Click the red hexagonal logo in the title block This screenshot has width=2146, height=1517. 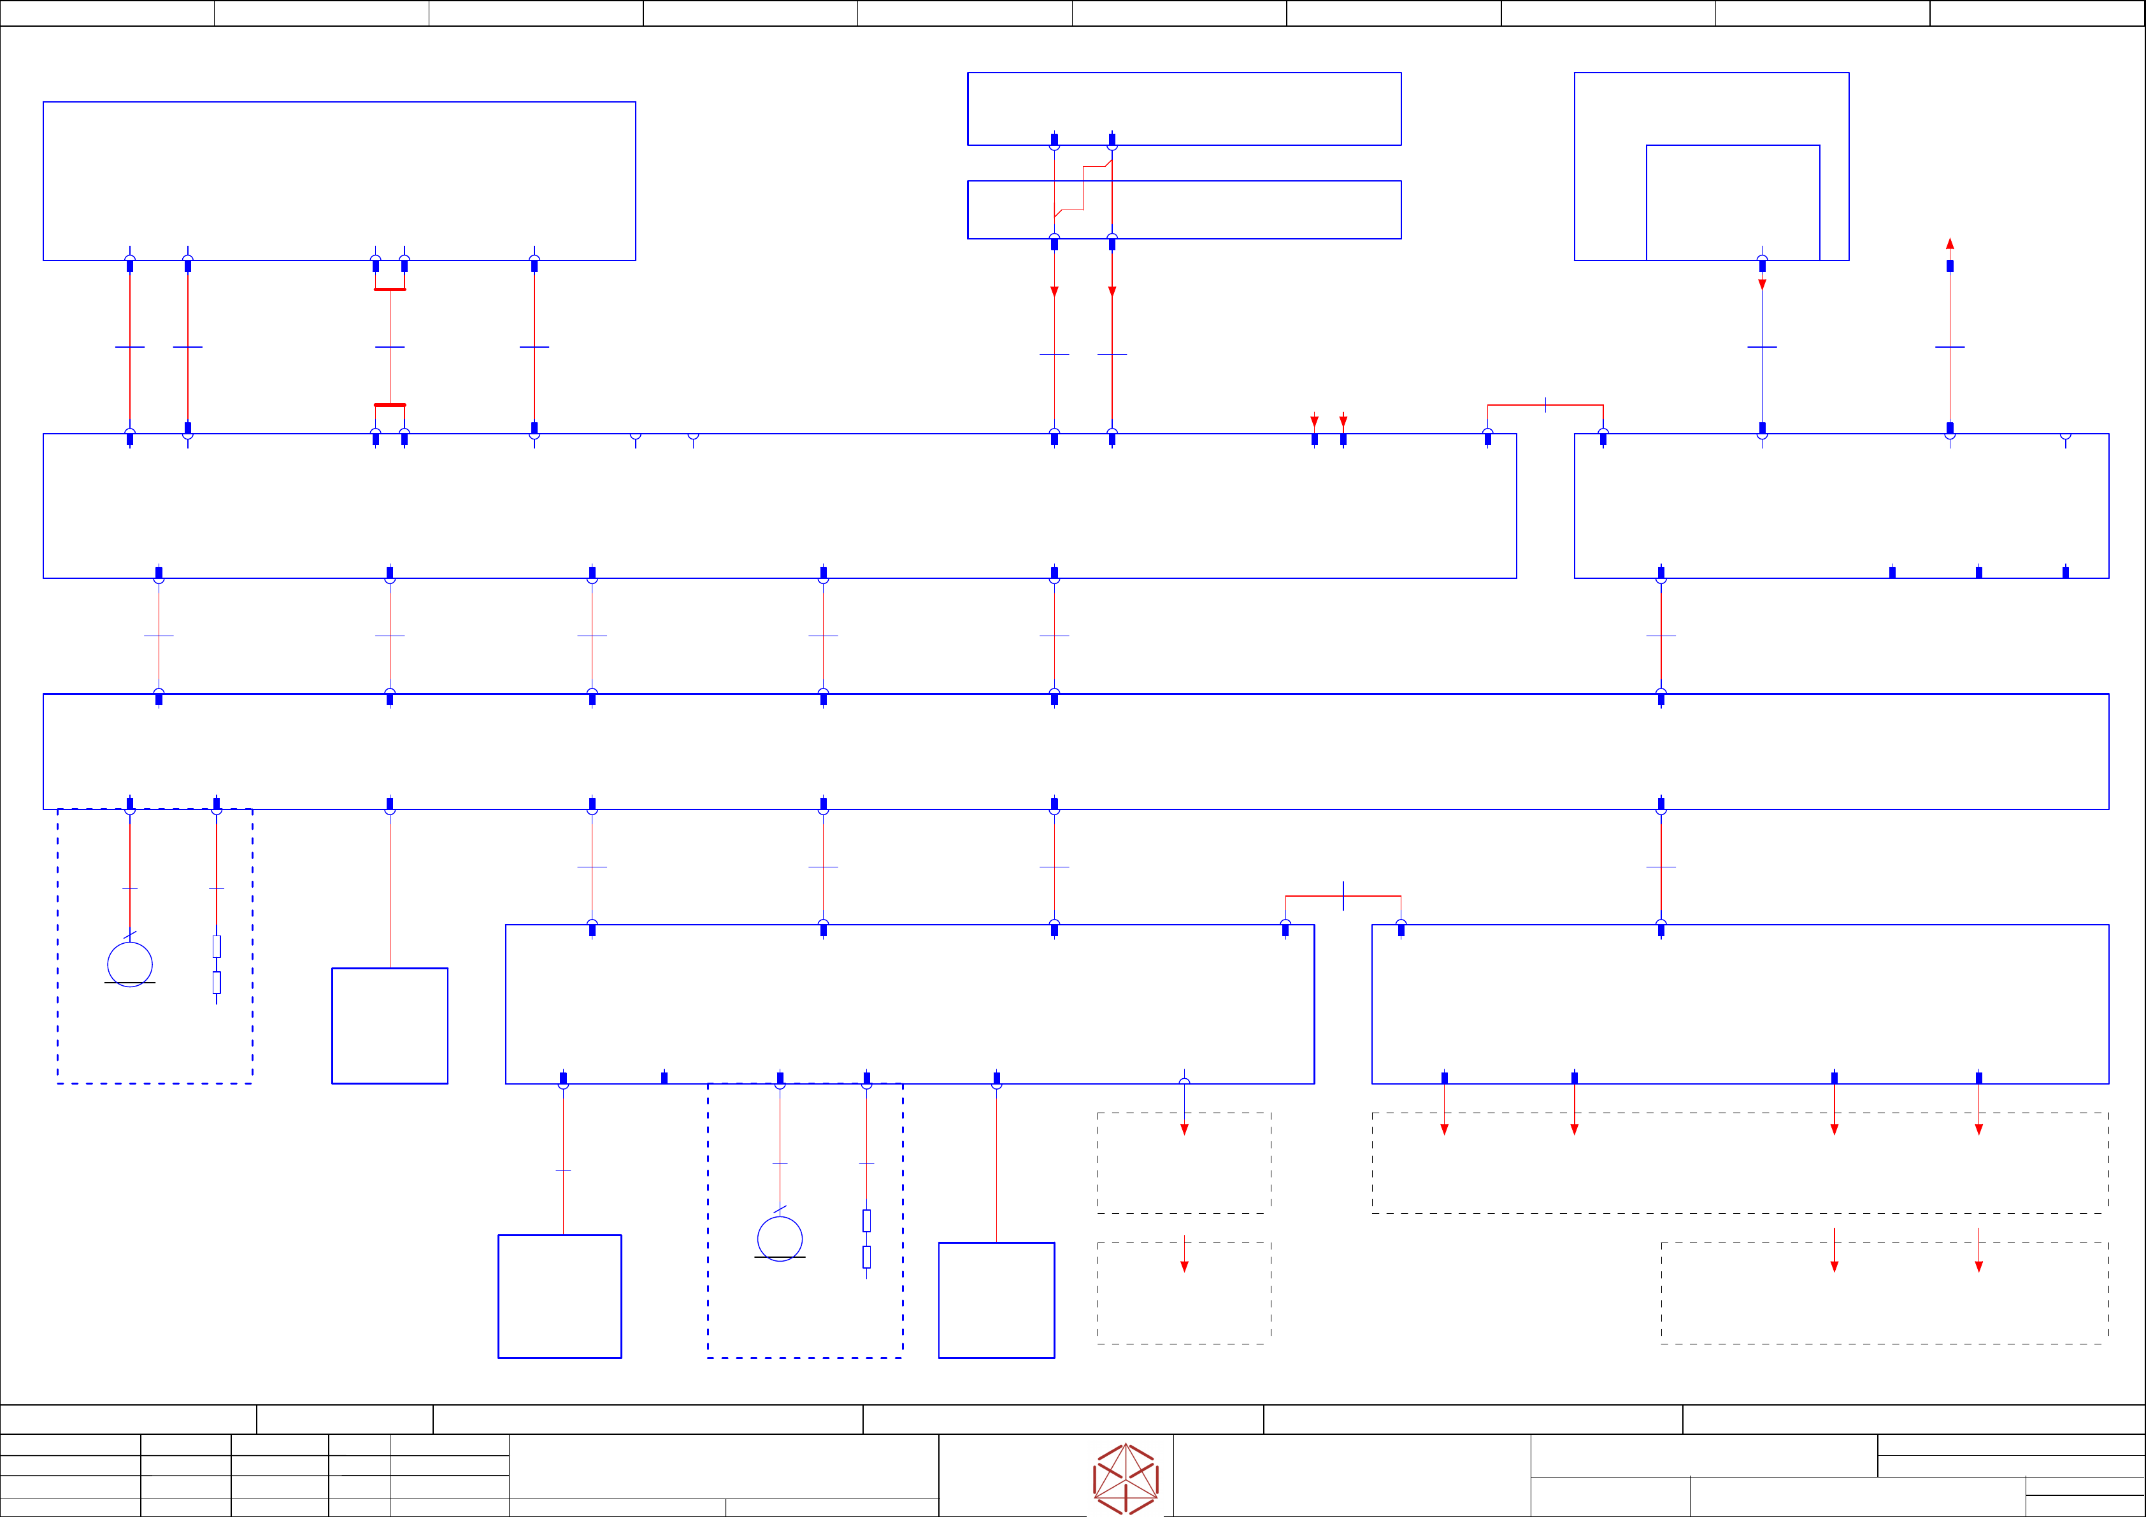[1126, 1479]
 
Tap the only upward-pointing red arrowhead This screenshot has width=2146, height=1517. [1950, 244]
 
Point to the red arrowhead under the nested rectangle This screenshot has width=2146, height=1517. [1762, 284]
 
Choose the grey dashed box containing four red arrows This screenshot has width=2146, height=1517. [1740, 1163]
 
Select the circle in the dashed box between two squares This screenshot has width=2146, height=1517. [780, 1239]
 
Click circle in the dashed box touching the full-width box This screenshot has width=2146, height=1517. [130, 964]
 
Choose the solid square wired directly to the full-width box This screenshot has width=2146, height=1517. [390, 1025]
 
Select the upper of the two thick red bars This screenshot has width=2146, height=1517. [390, 290]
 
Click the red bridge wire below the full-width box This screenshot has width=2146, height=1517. [1343, 896]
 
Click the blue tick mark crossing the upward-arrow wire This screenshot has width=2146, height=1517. [1950, 346]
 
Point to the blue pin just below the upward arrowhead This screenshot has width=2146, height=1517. [1950, 266]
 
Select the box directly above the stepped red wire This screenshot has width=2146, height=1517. [1184, 108]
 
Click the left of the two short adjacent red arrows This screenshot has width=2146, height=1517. [1314, 422]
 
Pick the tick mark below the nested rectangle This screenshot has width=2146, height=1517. [1762, 346]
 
